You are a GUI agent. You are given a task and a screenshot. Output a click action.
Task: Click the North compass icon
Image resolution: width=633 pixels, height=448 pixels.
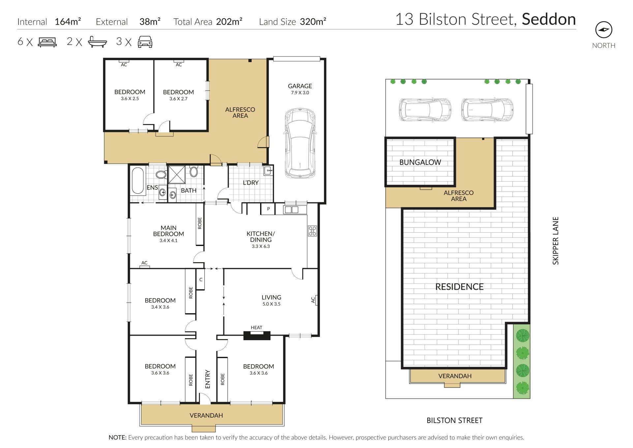pyautogui.click(x=604, y=30)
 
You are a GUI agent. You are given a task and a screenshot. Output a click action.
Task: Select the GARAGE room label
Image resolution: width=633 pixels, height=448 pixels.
pyautogui.click(x=300, y=86)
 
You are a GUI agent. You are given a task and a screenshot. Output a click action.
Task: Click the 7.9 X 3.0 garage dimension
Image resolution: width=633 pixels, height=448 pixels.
pyautogui.click(x=300, y=93)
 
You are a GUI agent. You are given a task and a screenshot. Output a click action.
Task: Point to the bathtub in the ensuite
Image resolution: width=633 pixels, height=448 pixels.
pyautogui.click(x=138, y=180)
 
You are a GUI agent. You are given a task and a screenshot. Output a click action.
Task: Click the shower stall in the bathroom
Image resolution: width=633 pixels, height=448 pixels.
pyautogui.click(x=177, y=175)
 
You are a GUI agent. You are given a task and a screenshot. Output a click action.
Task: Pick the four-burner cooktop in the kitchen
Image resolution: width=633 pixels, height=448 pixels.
pyautogui.click(x=312, y=231)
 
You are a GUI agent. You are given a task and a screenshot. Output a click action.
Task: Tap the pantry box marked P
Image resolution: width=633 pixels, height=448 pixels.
pyautogui.click(x=268, y=209)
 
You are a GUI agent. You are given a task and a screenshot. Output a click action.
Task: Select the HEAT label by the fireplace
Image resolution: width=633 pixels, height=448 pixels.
pyautogui.click(x=256, y=328)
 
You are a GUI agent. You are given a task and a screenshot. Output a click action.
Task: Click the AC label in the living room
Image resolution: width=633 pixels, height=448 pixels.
pyautogui.click(x=313, y=300)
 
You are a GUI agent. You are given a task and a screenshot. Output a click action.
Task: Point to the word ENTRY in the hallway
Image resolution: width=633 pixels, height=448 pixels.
pyautogui.click(x=207, y=379)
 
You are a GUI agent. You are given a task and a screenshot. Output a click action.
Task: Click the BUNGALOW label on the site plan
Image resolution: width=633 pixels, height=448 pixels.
pyautogui.click(x=420, y=162)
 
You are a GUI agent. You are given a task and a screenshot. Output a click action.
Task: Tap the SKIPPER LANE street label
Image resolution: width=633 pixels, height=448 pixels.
pyautogui.click(x=556, y=240)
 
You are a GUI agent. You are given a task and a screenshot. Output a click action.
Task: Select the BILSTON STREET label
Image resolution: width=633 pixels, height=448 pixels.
pyautogui.click(x=454, y=420)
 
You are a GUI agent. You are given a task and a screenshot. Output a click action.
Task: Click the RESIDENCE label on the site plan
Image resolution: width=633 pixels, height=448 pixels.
pyautogui.click(x=459, y=287)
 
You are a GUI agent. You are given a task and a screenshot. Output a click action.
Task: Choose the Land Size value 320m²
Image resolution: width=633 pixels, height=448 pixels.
pyautogui.click(x=313, y=21)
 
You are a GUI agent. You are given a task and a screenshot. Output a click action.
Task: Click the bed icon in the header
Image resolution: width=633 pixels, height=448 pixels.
pyautogui.click(x=47, y=42)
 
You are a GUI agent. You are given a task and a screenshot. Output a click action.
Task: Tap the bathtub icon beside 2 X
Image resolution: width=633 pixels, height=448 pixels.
pyautogui.click(x=98, y=42)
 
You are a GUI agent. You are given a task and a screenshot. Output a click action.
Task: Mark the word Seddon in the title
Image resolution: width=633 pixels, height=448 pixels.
pyautogui.click(x=549, y=19)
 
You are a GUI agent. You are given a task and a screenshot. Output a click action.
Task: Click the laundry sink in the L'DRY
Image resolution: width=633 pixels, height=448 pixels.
pyautogui.click(x=268, y=171)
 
